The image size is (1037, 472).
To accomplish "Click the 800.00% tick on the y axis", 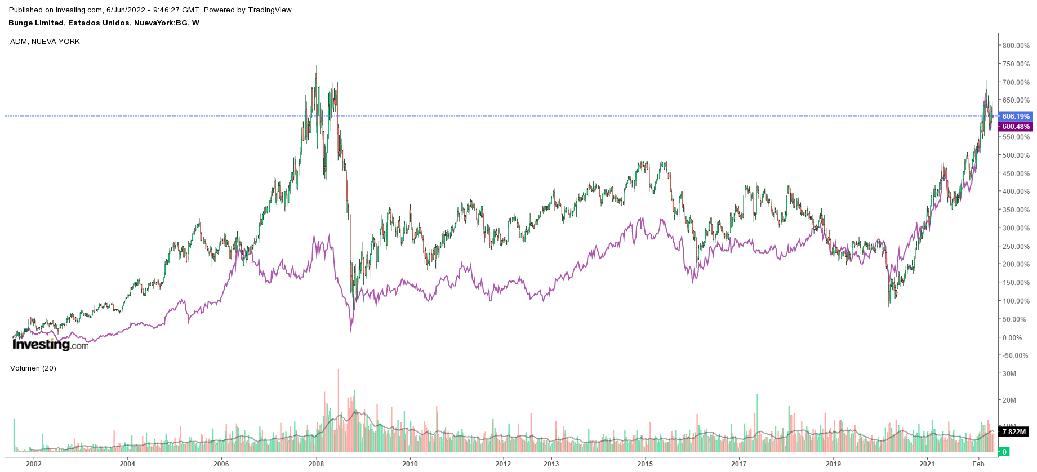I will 1016,46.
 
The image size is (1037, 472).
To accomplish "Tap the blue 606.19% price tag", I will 1016,117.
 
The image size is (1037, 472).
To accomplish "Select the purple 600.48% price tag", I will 1016,127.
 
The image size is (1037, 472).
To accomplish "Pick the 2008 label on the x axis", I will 316,464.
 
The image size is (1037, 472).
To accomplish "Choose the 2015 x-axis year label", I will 645,464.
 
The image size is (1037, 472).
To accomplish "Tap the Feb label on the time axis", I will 978,464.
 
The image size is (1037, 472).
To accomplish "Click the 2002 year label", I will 34,464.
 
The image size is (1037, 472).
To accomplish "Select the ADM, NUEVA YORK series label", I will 45,42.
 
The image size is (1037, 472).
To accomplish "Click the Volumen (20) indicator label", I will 33,368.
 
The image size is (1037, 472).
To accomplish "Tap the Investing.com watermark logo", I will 50,344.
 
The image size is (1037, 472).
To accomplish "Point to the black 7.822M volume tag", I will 1014,432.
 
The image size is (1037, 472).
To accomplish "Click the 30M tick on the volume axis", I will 1009,373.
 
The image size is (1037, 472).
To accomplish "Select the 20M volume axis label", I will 1009,400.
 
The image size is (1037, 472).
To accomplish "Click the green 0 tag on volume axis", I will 1004,452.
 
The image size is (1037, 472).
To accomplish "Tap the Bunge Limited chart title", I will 104,23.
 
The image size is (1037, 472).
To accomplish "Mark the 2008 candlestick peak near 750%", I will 316,67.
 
